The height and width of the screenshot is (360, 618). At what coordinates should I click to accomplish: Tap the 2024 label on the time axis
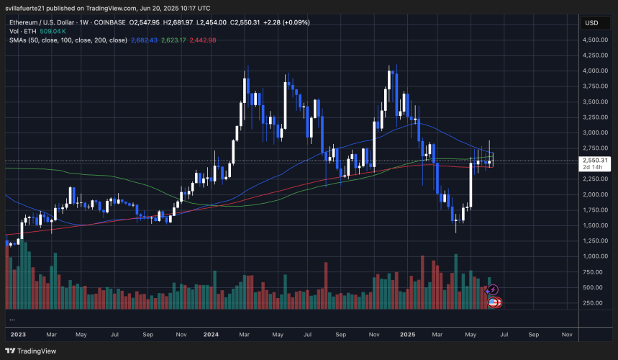point(212,335)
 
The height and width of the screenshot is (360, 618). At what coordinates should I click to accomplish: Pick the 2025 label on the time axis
point(408,335)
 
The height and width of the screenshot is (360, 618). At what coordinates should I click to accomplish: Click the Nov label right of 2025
point(566,335)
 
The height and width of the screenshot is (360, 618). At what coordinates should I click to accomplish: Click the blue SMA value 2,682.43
point(145,40)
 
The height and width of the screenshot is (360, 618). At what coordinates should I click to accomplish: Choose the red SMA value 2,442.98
point(203,40)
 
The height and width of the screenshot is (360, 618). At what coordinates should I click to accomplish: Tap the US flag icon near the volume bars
point(494,302)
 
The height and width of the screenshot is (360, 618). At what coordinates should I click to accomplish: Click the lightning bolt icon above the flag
point(494,290)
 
